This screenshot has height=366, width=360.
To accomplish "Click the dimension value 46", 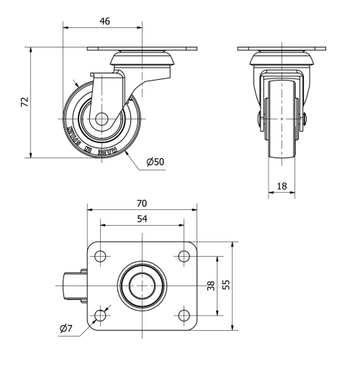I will (x=104, y=22).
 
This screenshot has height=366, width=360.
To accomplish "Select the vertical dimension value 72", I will (x=24, y=103).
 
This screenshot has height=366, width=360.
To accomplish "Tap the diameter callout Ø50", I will (x=155, y=162).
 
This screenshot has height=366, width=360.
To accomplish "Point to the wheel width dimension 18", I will (x=282, y=186).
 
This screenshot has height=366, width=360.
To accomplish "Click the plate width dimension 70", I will (x=143, y=203).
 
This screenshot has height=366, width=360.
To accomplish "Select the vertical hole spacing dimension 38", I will (x=210, y=285).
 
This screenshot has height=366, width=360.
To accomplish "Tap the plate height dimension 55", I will (x=226, y=285).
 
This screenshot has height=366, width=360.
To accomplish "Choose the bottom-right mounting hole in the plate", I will (x=184, y=315).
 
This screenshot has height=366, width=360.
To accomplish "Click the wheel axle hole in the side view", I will (x=99, y=119).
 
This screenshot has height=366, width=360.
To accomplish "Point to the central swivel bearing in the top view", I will (x=143, y=285).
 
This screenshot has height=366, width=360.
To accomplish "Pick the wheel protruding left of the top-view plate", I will (x=73, y=285).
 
